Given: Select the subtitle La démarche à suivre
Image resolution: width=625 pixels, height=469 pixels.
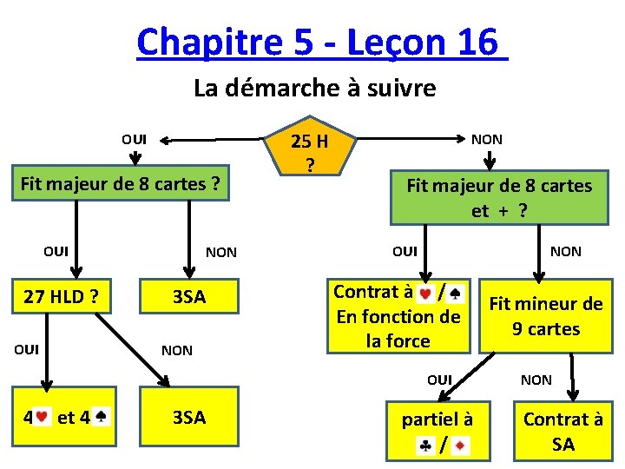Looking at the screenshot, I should pyautogui.click(x=314, y=89).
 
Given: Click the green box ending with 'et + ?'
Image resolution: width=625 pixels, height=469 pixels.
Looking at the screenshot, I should pyautogui.click(x=499, y=197).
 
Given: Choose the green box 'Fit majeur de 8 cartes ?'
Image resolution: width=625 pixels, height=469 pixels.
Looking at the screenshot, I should pyautogui.click(x=119, y=183).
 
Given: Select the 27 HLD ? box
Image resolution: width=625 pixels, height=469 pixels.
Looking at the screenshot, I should pyautogui.click(x=66, y=297).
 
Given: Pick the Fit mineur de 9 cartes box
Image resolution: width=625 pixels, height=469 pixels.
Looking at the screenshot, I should pyautogui.click(x=547, y=315).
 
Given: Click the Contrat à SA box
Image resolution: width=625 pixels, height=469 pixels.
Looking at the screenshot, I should pyautogui.click(x=562, y=431).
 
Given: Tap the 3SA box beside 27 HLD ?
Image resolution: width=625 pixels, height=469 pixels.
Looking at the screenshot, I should pyautogui.click(x=188, y=297).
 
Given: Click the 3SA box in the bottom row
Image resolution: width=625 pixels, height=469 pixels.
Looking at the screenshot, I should pyautogui.click(x=188, y=418).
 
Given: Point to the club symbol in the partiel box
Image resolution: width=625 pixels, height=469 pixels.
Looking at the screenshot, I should pyautogui.click(x=425, y=446).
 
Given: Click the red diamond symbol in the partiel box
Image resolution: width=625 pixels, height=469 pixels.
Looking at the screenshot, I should pyautogui.click(x=460, y=446).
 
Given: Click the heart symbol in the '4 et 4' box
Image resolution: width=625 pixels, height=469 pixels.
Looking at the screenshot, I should pyautogui.click(x=43, y=418).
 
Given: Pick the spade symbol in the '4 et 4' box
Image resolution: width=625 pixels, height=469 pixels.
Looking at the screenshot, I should pyautogui.click(x=101, y=418).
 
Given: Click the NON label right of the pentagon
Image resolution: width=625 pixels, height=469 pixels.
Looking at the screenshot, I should pyautogui.click(x=486, y=139).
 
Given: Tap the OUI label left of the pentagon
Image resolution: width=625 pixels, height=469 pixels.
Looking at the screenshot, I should pyautogui.click(x=134, y=139).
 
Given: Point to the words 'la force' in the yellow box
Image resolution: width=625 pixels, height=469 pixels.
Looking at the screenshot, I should pyautogui.click(x=398, y=340).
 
